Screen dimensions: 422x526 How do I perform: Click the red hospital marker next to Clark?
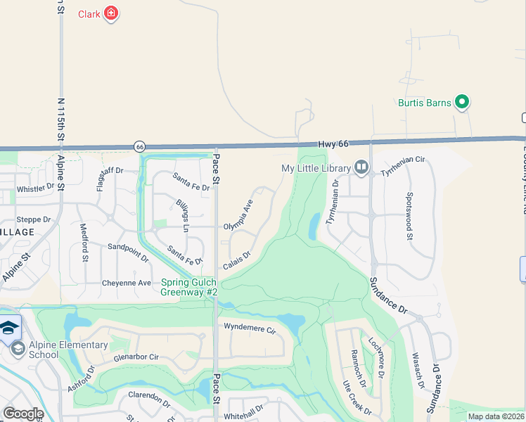(x=110, y=13)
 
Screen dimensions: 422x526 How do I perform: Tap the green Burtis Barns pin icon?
(x=462, y=103)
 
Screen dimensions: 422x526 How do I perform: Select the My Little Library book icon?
(x=361, y=167)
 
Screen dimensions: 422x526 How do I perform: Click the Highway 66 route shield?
(x=140, y=146)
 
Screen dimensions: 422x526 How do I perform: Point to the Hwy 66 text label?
(x=333, y=143)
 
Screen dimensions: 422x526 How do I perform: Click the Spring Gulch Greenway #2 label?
(x=190, y=287)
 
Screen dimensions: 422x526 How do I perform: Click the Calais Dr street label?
(x=237, y=260)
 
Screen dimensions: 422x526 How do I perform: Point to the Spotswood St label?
(x=409, y=217)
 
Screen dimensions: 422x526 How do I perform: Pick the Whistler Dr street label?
(x=35, y=188)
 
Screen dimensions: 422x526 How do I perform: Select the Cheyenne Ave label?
(x=127, y=283)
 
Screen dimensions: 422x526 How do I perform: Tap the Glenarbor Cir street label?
(x=136, y=357)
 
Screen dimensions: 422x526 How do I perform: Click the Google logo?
(x=23, y=414)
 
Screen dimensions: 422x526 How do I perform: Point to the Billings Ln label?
(x=182, y=215)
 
